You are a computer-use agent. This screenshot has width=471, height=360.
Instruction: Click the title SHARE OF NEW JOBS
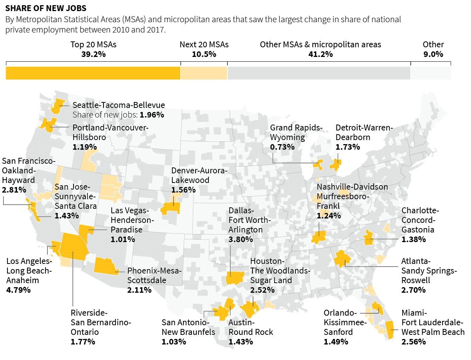[46, 8]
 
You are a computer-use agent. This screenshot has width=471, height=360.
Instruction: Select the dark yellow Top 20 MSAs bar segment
[93, 73]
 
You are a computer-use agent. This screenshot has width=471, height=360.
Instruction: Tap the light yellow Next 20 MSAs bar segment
[204, 73]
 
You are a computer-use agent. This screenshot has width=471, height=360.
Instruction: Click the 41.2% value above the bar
[320, 54]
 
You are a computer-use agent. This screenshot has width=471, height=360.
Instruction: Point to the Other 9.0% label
[433, 49]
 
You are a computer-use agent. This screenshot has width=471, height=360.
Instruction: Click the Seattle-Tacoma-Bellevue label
[118, 105]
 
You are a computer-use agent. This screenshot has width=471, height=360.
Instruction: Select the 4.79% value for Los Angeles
[18, 290]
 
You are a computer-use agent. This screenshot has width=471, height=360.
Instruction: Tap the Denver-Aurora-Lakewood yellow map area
[171, 208]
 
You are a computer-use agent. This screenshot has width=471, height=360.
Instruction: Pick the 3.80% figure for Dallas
[241, 239]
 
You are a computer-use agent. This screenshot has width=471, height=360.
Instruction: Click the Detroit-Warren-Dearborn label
[364, 132]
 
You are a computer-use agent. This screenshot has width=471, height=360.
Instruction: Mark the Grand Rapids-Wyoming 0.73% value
[282, 147]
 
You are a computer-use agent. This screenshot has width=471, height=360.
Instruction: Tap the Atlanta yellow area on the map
[342, 258]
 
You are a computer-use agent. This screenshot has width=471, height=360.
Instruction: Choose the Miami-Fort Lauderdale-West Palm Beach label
[433, 322]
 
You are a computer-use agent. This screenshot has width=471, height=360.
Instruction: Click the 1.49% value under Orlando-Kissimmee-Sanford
[336, 342]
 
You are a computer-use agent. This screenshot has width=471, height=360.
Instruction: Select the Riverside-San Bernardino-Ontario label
[101, 322]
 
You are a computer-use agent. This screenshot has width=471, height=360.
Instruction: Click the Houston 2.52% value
[262, 290]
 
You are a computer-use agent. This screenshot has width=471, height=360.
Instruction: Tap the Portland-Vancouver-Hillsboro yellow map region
[48, 125]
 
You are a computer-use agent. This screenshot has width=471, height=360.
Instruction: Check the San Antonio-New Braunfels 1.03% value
[174, 342]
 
